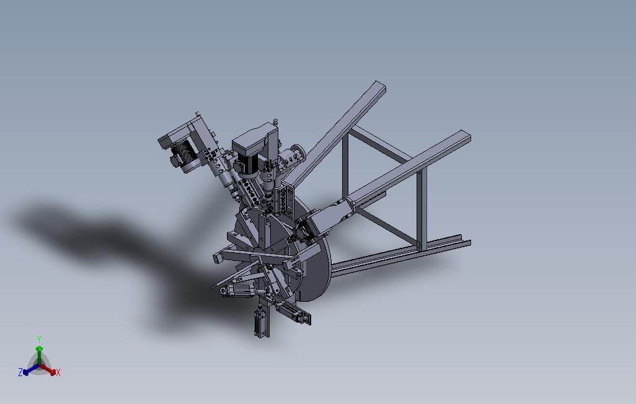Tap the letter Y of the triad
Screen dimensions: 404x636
click(38, 340)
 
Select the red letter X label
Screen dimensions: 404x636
click(58, 372)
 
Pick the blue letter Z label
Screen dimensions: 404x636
click(20, 372)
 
